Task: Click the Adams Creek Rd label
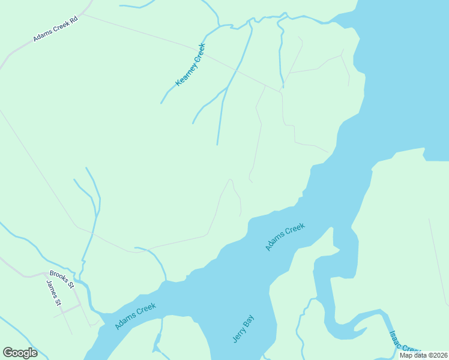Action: pyautogui.click(x=56, y=29)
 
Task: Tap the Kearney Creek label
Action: pyautogui.click(x=190, y=64)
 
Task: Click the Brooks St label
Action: pyautogui.click(x=61, y=279)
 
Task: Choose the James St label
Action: pyautogui.click(x=54, y=293)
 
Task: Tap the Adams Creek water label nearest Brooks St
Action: pyautogui.click(x=136, y=316)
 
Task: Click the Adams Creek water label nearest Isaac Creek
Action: pyautogui.click(x=285, y=236)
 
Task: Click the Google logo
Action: pyautogui.click(x=20, y=353)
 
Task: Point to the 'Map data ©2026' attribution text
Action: pyautogui.click(x=423, y=355)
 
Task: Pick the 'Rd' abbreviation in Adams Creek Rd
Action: pyautogui.click(x=74, y=19)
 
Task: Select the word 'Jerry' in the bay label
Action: pyautogui.click(x=239, y=335)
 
